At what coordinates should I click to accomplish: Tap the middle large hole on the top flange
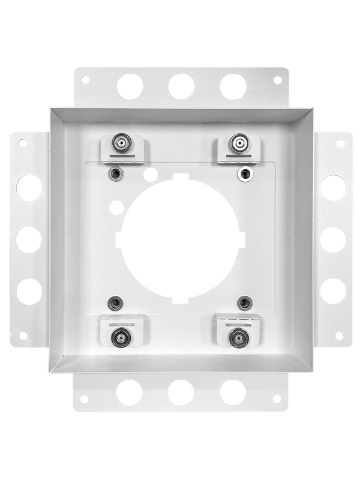(x=181, y=86)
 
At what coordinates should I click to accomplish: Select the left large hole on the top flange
(x=130, y=86)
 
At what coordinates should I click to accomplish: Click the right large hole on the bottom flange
(x=232, y=392)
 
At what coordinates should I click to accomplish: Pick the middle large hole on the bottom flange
(x=181, y=392)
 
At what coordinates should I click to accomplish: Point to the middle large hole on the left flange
(x=29, y=239)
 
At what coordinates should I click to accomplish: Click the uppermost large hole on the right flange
(x=333, y=187)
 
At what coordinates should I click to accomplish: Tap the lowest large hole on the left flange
(x=29, y=291)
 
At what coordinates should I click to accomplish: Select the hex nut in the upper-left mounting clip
(x=122, y=143)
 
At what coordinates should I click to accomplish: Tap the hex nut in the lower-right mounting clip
(x=238, y=338)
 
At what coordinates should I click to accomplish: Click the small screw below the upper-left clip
(x=116, y=173)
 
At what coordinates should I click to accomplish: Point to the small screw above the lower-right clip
(x=244, y=302)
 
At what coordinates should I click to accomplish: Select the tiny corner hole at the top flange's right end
(x=278, y=79)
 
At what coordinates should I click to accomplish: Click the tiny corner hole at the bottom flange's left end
(x=84, y=398)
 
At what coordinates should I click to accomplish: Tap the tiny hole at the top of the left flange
(x=23, y=143)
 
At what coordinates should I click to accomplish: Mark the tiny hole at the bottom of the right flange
(x=340, y=336)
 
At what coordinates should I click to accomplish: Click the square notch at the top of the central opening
(x=181, y=178)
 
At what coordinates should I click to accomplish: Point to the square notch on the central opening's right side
(x=241, y=238)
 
